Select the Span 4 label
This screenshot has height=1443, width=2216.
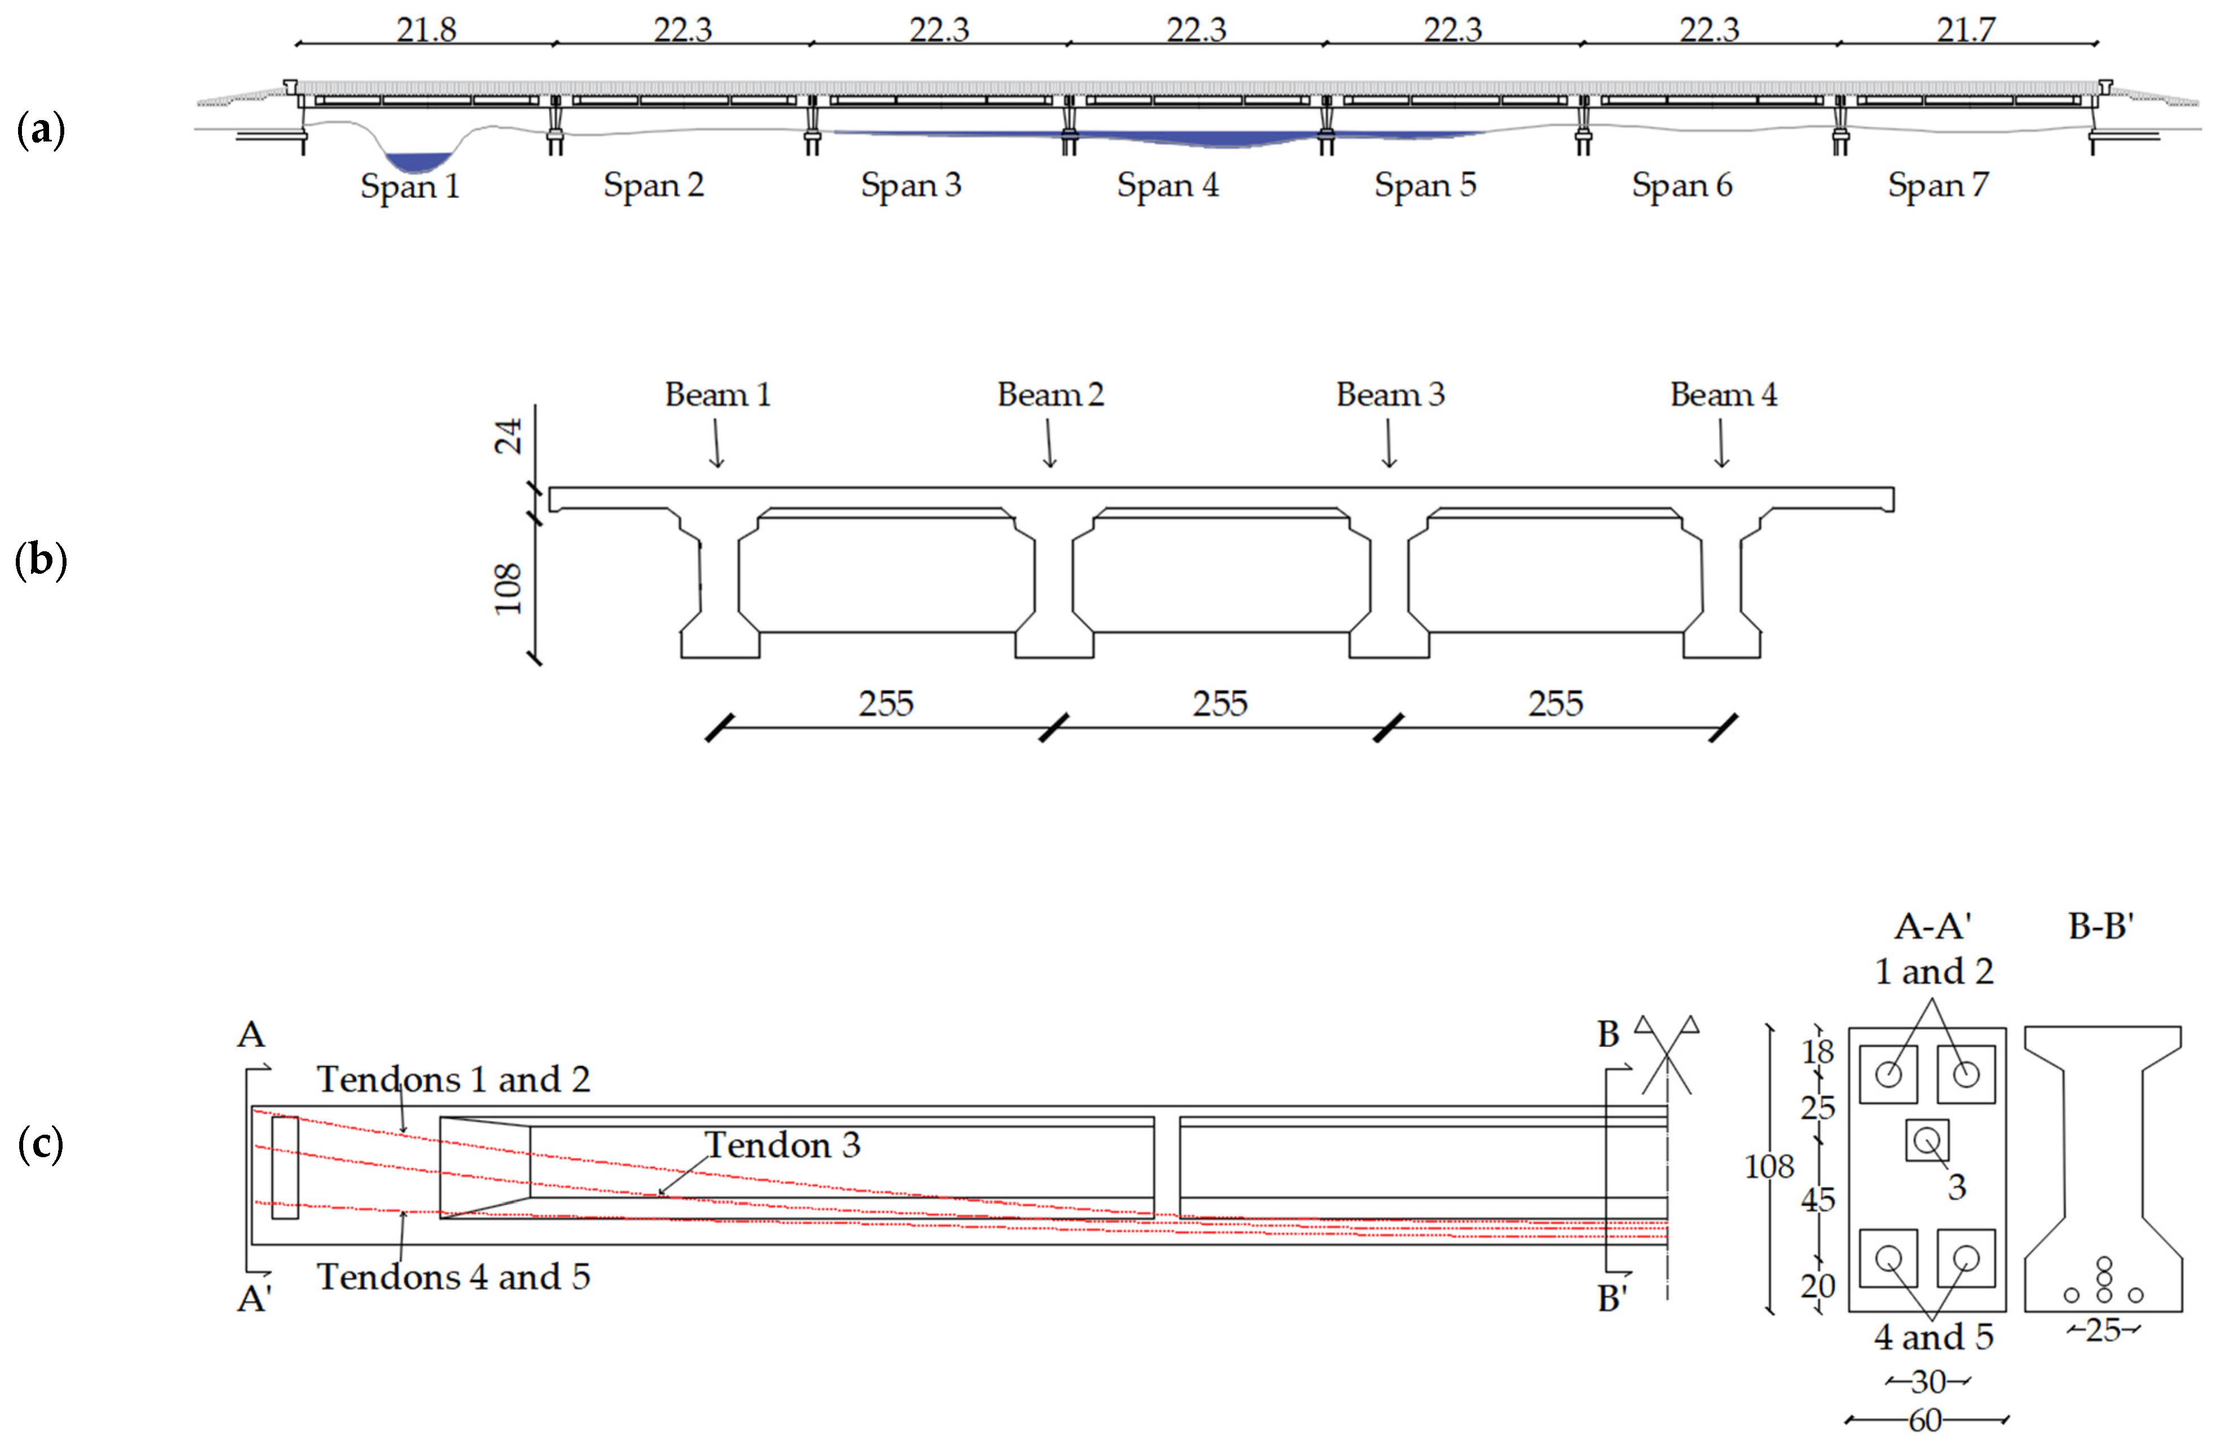[1167, 185]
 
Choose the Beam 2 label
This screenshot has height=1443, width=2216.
[1050, 395]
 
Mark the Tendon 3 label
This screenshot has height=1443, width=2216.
[781, 1145]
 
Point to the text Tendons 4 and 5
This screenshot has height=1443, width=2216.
[453, 1276]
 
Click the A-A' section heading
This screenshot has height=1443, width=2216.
[1933, 926]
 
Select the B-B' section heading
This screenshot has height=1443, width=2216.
[2100, 926]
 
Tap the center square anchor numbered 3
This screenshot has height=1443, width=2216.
[1926, 1140]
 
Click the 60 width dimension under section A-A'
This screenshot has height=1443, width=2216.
[1926, 1420]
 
